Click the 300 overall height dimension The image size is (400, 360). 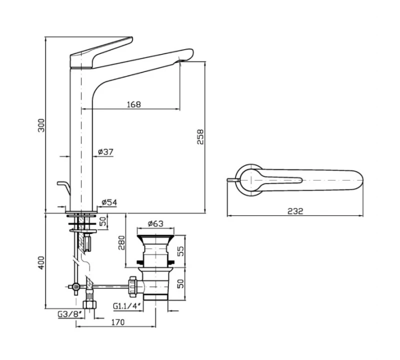[41, 125]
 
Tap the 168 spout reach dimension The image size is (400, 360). [133, 104]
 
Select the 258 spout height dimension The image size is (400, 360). [200, 137]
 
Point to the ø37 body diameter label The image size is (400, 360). [105, 152]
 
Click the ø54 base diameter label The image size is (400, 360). [109, 202]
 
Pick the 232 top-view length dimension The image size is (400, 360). [295, 211]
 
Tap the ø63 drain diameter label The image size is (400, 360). [155, 224]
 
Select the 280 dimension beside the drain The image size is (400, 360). [122, 242]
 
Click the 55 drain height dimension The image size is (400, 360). [180, 251]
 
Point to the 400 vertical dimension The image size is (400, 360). [41, 263]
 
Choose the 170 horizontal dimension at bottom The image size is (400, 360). [117, 322]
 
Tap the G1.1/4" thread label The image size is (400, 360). [127, 306]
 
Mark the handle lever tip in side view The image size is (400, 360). [131, 38]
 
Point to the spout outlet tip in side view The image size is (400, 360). [180, 60]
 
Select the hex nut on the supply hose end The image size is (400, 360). [89, 304]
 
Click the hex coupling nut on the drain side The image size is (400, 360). [133, 286]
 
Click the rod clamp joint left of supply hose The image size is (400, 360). [75, 287]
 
